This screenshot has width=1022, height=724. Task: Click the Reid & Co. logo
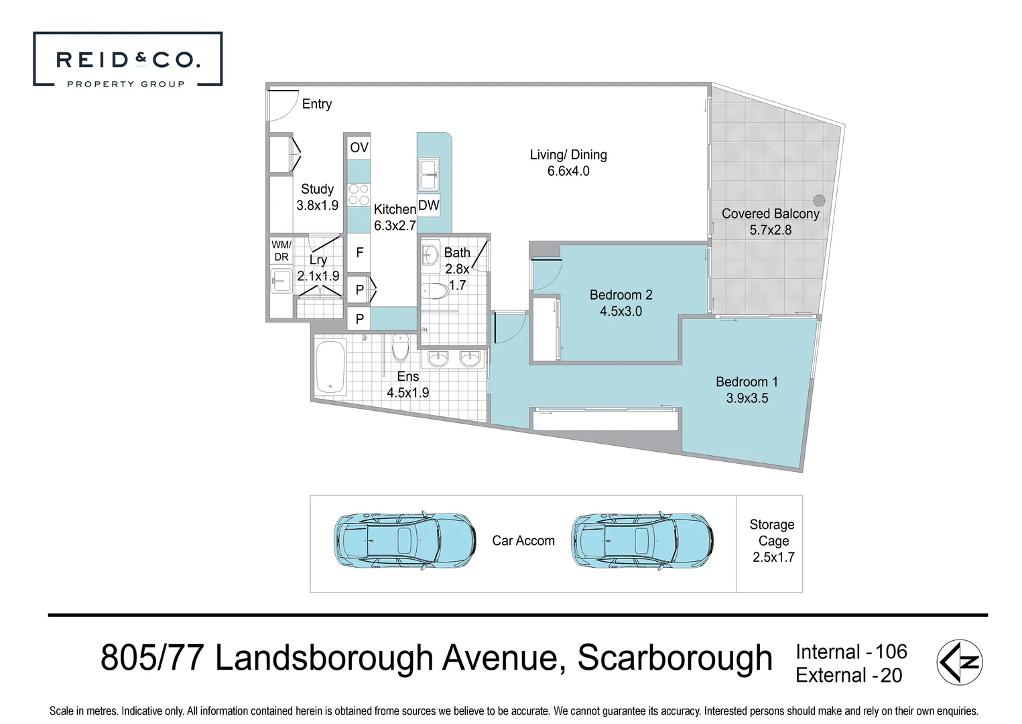[127, 60]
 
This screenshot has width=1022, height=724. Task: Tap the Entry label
[316, 104]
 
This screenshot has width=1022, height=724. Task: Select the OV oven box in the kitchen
[359, 147]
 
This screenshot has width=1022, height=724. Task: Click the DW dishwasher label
[428, 205]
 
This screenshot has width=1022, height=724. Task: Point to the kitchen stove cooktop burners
[359, 194]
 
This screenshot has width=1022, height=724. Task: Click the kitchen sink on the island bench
[428, 173]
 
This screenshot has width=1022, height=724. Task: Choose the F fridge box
[359, 253]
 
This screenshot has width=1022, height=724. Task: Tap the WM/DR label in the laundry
[281, 251]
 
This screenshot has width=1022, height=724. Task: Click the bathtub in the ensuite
[330, 367]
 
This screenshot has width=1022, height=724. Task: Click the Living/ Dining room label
[568, 155]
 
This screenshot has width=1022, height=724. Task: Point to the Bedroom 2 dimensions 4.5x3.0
[621, 311]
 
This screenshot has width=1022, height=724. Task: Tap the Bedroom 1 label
[747, 381]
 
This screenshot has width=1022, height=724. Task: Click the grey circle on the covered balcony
[819, 200]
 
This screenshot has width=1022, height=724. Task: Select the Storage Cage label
[772, 532]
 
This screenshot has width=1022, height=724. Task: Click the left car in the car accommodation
[405, 541]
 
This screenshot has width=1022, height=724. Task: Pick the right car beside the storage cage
[642, 541]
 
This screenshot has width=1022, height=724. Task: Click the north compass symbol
[959, 662]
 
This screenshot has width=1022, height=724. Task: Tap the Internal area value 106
[891, 652]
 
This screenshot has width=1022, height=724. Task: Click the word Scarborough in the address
[674, 658]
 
